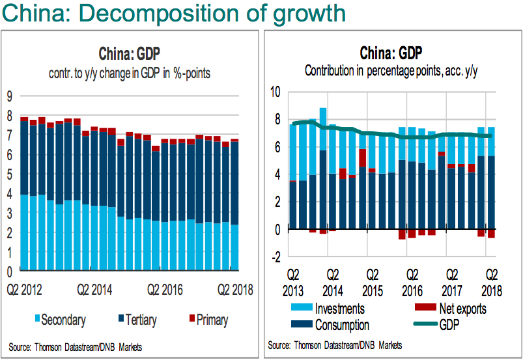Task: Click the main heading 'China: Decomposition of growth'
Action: point(173,13)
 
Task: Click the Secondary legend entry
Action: point(62,320)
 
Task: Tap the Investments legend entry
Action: point(339,309)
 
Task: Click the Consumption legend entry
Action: point(341,324)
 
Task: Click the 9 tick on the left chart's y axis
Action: point(9,96)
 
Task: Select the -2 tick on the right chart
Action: point(276,257)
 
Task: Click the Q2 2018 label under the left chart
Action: point(234,288)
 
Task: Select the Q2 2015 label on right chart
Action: point(373,281)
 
